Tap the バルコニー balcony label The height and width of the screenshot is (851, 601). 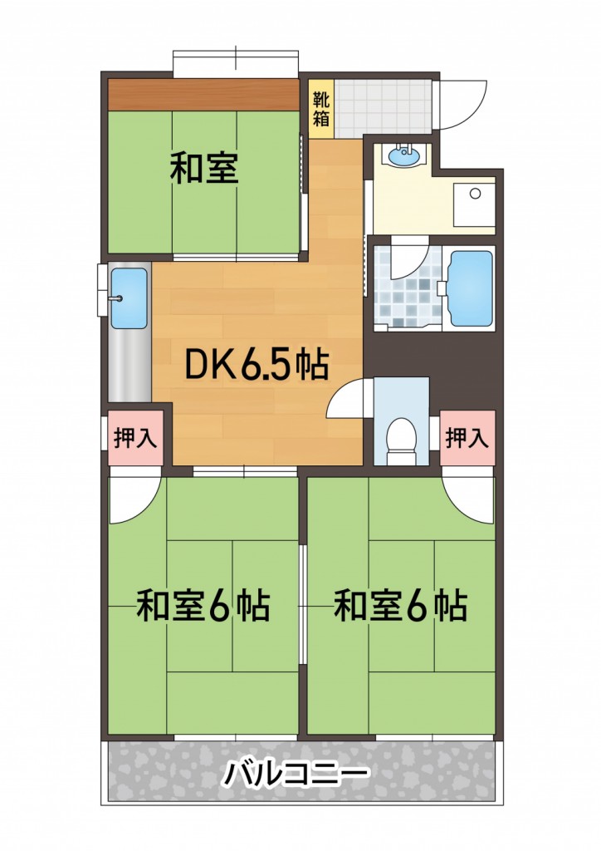pyautogui.click(x=296, y=775)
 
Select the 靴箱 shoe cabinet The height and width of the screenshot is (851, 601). pyautogui.click(x=320, y=108)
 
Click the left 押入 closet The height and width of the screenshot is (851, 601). pyautogui.click(x=135, y=437)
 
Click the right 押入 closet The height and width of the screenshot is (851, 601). pyautogui.click(x=468, y=437)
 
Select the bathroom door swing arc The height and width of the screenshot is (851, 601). pyautogui.click(x=408, y=259)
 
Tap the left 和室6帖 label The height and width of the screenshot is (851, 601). pyautogui.click(x=203, y=607)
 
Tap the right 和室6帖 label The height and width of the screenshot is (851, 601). pyautogui.click(x=400, y=607)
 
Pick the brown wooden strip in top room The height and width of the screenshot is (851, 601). pyautogui.click(x=203, y=94)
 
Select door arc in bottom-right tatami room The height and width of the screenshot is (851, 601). pyautogui.click(x=469, y=496)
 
